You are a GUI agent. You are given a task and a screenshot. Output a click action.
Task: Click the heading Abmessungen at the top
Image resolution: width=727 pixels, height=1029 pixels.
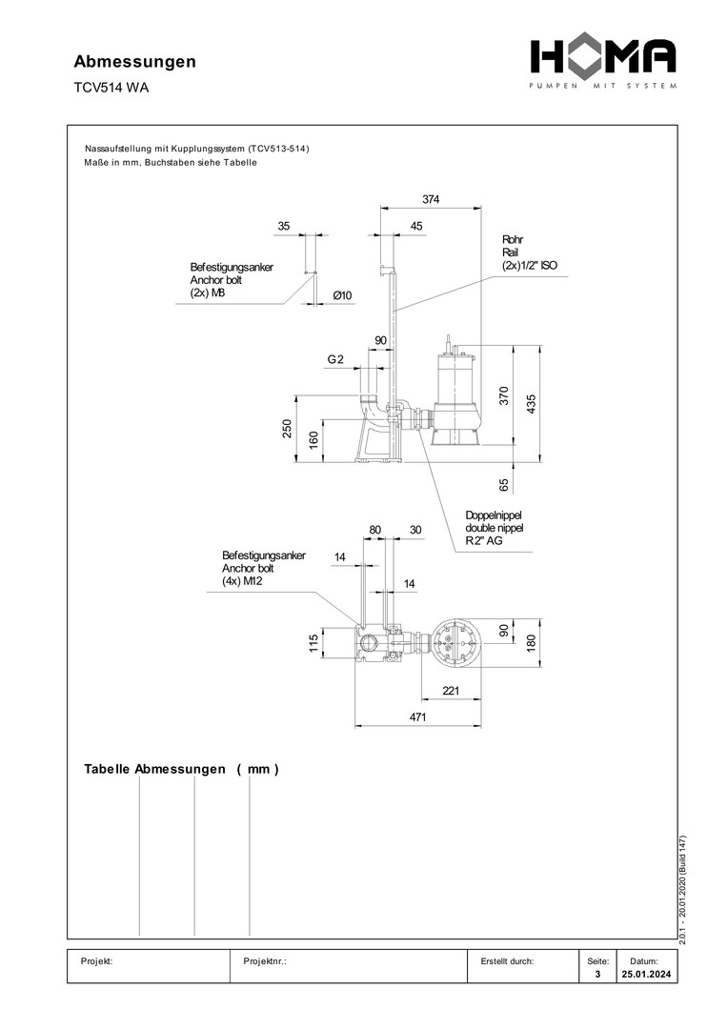pos(135,62)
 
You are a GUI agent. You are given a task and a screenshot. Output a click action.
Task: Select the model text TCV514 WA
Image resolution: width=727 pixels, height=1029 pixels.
pos(111,89)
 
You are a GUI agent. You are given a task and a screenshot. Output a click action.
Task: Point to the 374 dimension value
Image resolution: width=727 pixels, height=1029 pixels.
pos(432,199)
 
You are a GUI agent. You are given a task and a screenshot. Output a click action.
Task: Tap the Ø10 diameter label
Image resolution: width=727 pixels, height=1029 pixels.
pos(342,296)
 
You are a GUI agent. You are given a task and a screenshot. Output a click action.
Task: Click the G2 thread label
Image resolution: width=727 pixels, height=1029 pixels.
pos(335,359)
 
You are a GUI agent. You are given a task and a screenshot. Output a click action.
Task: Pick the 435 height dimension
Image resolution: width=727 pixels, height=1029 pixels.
pos(531,404)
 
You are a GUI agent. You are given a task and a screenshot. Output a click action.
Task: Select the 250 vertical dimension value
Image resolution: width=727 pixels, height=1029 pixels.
pos(287,430)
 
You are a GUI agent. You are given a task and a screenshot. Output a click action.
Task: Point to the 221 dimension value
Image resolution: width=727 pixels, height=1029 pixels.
pos(453,690)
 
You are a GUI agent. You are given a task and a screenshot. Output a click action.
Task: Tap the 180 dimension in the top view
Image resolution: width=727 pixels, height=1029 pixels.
pos(531,643)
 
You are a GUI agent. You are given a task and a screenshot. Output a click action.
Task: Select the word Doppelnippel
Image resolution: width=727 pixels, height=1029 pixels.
pos(494,514)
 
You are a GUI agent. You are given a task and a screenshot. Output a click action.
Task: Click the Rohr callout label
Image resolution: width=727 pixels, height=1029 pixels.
pos(512,239)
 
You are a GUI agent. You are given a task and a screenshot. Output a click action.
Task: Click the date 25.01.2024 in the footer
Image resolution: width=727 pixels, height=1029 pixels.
pos(644,976)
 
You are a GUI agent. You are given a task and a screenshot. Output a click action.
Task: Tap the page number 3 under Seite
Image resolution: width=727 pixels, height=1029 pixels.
pos(596,976)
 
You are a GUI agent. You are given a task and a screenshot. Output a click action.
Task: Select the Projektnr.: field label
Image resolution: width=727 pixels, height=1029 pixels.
pos(266,961)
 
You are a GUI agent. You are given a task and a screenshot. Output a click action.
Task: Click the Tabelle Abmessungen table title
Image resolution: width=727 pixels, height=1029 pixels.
pos(181,769)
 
